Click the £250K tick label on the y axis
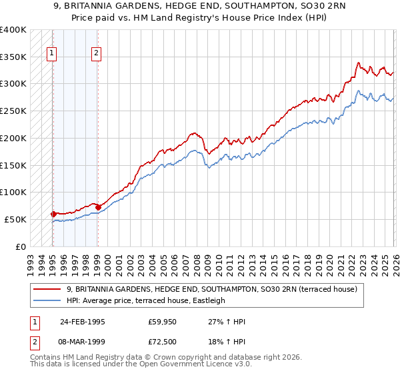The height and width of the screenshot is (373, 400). [13, 111]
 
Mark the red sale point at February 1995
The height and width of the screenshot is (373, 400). [53, 214]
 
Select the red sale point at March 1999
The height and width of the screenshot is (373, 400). [98, 207]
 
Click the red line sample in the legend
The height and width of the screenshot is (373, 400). [47, 289]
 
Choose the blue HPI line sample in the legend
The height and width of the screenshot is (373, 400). [47, 300]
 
